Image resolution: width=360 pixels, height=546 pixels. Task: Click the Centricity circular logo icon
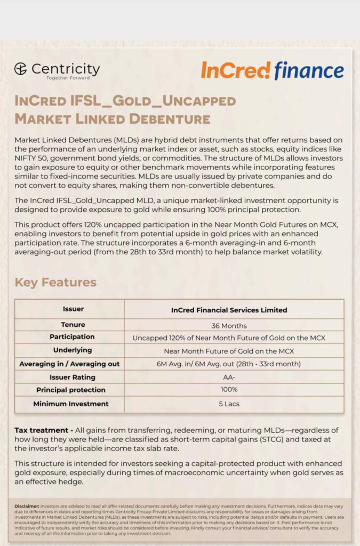21,69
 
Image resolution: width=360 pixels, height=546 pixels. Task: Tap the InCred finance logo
272,70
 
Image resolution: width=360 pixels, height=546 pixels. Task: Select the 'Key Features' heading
55,282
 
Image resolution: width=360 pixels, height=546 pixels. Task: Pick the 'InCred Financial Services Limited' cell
229,310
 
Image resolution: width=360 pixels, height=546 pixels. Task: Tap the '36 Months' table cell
229,325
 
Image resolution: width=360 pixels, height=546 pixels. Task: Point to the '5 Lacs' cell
229,404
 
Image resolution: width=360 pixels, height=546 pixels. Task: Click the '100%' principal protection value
229,390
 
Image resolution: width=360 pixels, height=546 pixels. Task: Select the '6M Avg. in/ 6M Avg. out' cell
229,364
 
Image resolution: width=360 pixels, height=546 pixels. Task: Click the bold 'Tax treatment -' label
44,430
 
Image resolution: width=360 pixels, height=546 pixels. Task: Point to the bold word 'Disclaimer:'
27,505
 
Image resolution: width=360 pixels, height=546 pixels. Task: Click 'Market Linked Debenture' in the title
112,118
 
